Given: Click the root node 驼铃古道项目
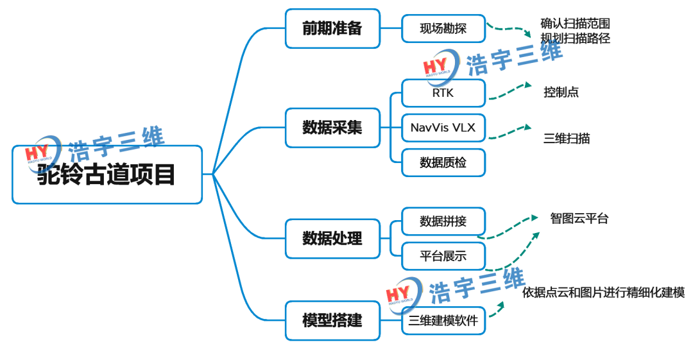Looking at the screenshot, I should (x=107, y=175).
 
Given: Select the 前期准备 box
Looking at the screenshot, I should (x=332, y=28).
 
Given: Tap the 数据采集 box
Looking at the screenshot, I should (x=332, y=127).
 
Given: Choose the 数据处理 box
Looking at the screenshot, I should (x=332, y=238).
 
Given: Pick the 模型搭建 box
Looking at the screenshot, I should (x=332, y=320).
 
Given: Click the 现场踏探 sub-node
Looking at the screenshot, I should (x=443, y=29).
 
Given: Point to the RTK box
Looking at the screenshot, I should (x=443, y=93).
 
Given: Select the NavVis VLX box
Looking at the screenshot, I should (x=443, y=128).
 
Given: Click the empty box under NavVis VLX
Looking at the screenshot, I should (x=443, y=162).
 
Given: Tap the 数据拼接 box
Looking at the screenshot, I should (x=443, y=221).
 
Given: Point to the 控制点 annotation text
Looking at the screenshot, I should (x=561, y=92).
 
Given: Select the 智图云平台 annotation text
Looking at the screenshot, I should (x=579, y=218).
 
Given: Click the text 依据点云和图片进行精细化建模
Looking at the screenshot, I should (x=603, y=293).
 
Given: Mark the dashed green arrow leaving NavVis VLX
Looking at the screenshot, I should (x=510, y=133).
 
